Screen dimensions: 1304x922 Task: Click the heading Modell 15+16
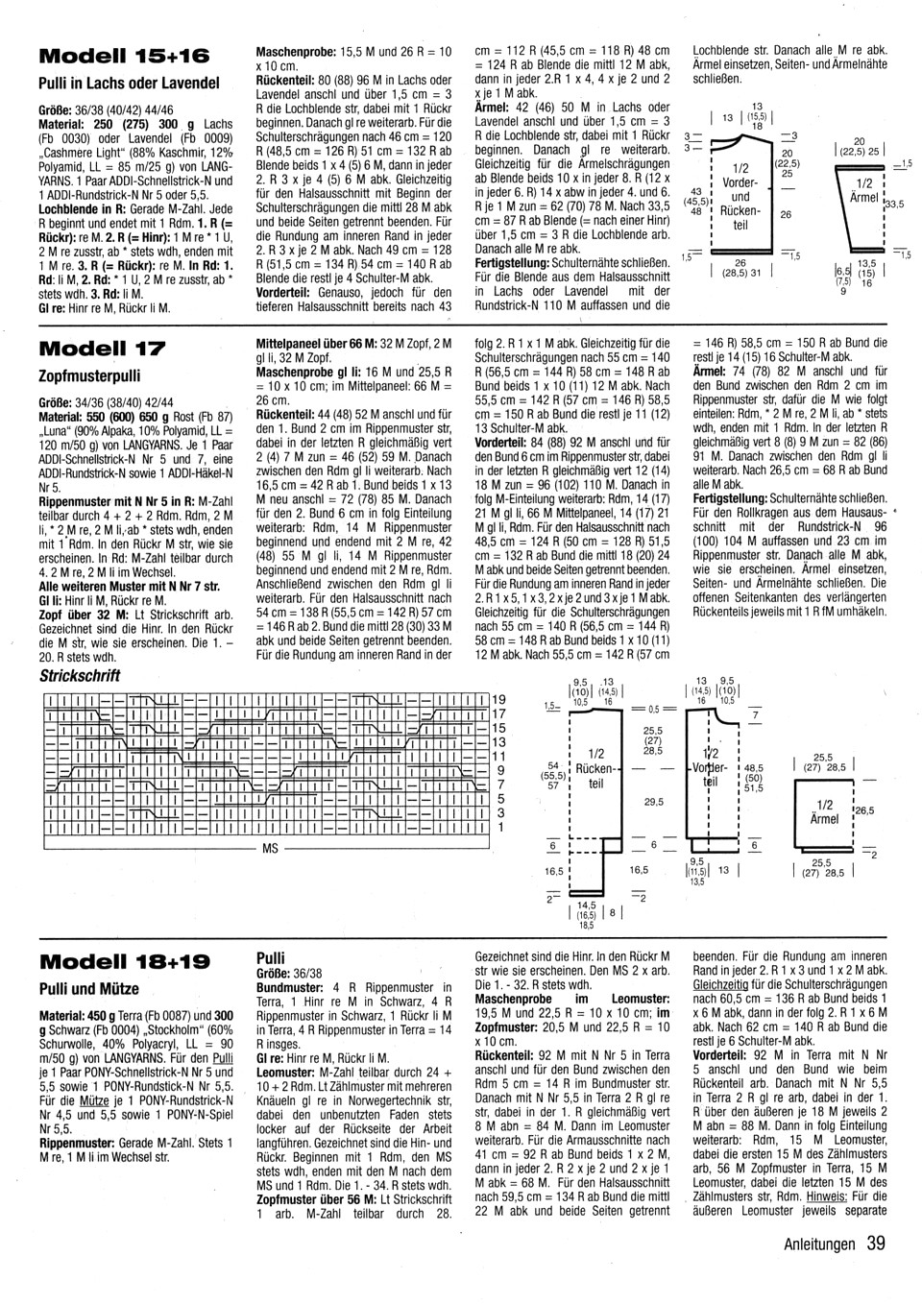coord(124,54)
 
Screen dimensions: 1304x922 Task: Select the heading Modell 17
coord(102,347)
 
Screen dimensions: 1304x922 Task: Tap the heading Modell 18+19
coord(124,961)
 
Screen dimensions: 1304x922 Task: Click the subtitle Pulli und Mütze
coord(89,989)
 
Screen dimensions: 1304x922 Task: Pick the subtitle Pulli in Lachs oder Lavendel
coord(129,84)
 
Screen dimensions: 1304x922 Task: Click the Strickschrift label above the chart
coord(80,675)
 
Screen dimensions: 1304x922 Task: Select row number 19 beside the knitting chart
coord(499,700)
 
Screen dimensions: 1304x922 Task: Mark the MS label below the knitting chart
coord(270,849)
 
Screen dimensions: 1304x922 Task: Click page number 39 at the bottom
coord(875,1244)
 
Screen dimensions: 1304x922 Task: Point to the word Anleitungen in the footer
coord(818,1244)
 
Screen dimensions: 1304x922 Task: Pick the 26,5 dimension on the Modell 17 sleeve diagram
coord(864,810)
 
